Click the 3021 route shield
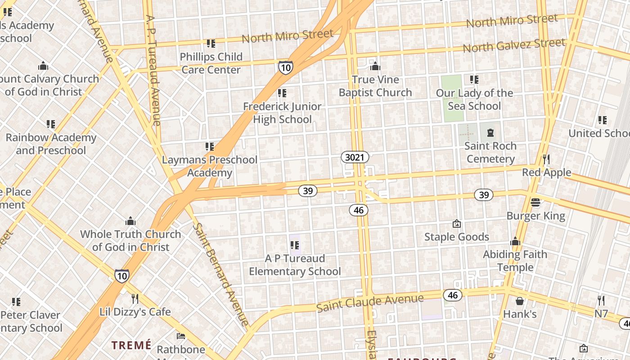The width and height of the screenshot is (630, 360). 355,157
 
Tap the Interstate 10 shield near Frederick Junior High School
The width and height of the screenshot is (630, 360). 285,67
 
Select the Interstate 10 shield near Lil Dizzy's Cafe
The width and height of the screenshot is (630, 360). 121,275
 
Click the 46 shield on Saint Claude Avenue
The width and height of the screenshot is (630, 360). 452,295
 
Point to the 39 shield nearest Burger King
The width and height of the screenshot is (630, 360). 484,195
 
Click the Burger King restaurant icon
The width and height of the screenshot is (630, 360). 535,202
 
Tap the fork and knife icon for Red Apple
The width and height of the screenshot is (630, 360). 546,159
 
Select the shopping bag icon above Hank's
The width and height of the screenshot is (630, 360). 520,301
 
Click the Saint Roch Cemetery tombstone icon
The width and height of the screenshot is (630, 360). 490,133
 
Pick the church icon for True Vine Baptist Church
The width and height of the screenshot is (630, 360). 375,67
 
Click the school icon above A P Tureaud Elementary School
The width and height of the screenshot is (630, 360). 295,245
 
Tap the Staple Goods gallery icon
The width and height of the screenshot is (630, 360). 457,224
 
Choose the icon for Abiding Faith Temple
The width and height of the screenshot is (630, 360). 515,242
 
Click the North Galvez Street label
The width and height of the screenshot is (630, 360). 513,45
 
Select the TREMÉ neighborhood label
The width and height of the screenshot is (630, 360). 131,345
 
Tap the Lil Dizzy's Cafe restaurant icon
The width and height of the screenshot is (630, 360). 135,298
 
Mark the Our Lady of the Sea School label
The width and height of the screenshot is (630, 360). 474,99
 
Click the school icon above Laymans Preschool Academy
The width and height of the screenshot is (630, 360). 209,147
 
